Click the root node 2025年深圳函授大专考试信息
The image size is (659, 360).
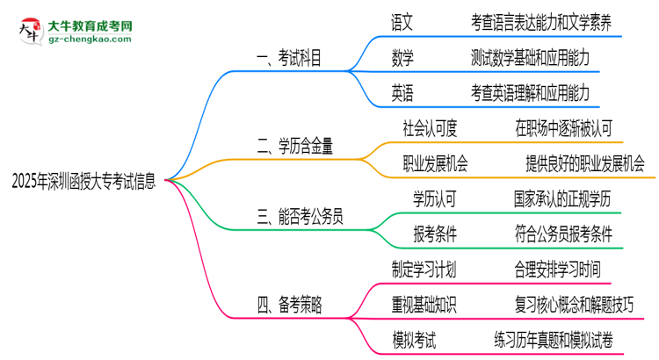[x=85, y=182]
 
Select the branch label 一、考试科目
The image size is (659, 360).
[x=289, y=59]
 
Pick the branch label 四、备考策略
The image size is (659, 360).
[x=289, y=305]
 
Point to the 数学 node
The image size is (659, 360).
[x=403, y=58]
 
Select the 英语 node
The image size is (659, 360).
[x=403, y=91]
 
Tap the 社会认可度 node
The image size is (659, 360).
[x=430, y=128]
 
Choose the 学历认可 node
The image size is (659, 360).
[x=435, y=199]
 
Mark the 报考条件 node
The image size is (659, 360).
[x=435, y=234]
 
